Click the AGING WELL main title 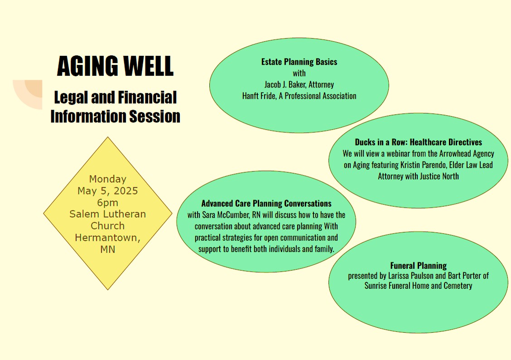[x=115, y=66]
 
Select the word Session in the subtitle [x=154, y=116]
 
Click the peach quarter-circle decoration [x=28, y=94]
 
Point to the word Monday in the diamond [x=107, y=179]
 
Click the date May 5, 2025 [x=107, y=191]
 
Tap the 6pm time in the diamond [x=107, y=203]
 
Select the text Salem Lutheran [x=107, y=214]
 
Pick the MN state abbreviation [x=107, y=249]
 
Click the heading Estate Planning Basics [x=299, y=62]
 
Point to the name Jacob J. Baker [x=285, y=84]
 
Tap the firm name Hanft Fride [x=258, y=96]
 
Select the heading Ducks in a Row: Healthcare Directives [x=419, y=142]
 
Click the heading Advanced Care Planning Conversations [x=266, y=204]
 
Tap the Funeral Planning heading [x=419, y=265]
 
